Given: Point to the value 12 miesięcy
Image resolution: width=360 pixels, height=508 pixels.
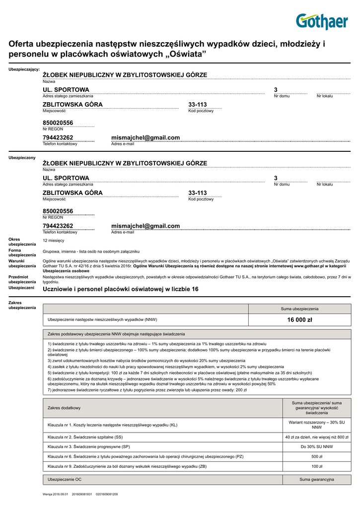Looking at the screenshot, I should pos(54,241).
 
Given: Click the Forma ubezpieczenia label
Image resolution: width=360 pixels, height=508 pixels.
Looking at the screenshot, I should pos(22,253).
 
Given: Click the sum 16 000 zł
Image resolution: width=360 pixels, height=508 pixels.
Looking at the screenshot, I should pos(299,320).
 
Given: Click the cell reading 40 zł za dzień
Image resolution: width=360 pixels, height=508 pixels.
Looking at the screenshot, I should pos(317,437).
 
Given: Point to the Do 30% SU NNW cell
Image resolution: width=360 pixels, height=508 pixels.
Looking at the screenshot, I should pos(317,446).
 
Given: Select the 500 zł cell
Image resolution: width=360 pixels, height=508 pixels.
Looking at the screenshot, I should pos(317,456).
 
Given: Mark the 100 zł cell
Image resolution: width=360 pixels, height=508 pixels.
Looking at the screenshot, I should pos(317,466).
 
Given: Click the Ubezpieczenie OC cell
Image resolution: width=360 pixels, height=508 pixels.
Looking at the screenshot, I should pos(65,480).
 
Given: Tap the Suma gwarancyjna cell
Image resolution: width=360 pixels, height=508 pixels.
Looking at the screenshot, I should pos(317,480).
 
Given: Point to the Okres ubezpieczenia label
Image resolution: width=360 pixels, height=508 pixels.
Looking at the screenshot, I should pos(22,242).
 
